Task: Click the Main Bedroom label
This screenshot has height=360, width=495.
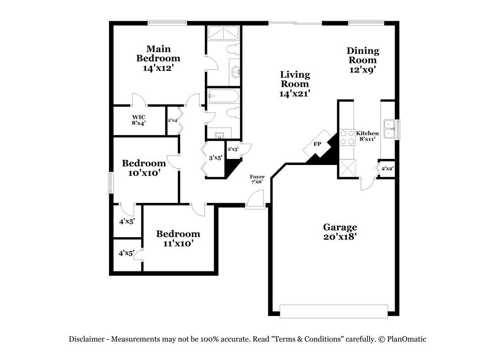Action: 158,58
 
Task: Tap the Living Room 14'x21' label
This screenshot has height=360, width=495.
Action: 295,84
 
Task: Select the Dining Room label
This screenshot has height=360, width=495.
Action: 363,60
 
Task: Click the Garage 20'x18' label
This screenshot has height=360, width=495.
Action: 340,232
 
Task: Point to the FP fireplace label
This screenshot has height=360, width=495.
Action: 317,144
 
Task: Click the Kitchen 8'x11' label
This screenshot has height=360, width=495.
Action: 367,136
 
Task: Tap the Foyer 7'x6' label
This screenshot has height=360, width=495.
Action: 257,179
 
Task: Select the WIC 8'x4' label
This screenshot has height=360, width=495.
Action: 139,120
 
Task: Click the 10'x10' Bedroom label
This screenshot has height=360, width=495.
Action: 144,168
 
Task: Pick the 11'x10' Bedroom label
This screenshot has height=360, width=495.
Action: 178,238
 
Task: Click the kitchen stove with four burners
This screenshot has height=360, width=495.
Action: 346,137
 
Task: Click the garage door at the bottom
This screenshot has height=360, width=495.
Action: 333,311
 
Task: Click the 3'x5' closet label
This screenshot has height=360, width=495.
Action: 215,158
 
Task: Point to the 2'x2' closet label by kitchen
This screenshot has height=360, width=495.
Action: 387,168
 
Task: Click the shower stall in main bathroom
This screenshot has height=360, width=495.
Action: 222,34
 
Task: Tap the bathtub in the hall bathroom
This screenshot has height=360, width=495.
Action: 223,95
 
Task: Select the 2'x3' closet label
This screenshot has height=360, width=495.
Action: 233,149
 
